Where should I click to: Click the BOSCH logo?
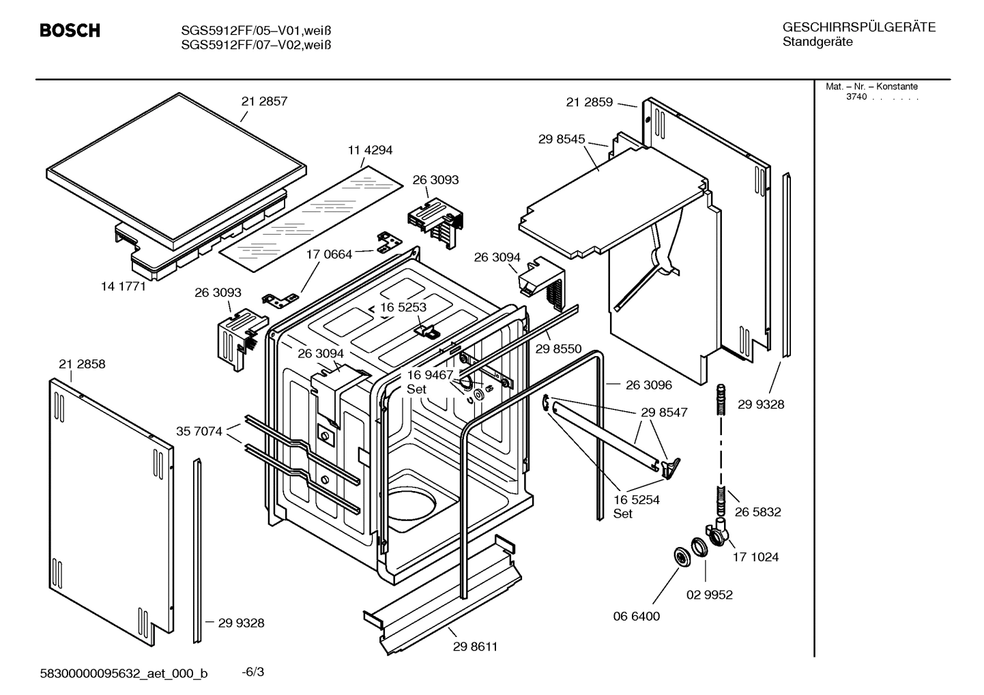coord(70,31)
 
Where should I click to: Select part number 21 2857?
coord(264,101)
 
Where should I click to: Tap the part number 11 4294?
coord(370,150)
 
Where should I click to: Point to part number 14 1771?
coord(124,286)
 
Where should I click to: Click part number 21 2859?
coord(589,102)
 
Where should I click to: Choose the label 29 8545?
coord(562,139)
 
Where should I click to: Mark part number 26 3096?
coord(648,385)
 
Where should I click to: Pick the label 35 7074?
coord(199,431)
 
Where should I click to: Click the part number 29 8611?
coord(475,647)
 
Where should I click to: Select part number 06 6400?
coord(637,616)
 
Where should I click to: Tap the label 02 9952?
coord(709,595)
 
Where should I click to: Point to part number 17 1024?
coord(755,557)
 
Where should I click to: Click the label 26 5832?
coord(757,512)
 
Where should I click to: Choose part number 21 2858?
coord(82,364)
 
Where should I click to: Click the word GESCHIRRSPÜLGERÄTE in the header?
coord(858,28)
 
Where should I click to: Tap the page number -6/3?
coord(252,672)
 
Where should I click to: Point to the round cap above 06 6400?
coord(680,556)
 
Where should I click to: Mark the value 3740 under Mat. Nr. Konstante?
coord(856,97)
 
